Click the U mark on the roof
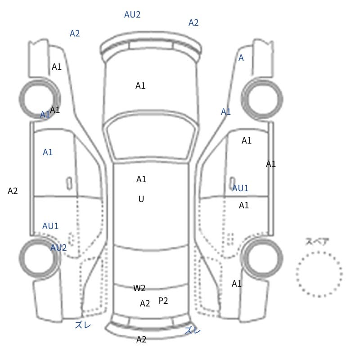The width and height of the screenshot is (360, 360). pos(141,199)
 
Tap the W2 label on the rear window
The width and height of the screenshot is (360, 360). pos(139,288)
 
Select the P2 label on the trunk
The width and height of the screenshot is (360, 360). pos(163,301)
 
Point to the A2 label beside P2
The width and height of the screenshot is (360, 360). pos(145,303)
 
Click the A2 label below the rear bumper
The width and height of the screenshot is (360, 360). pos(141,339)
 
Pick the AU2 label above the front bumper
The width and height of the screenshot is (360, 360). pos(132,14)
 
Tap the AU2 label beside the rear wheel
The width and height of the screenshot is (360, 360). pos(58,247)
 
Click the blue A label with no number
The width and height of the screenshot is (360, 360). pos(241,58)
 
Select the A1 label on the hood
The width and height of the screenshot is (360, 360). pos(140,85)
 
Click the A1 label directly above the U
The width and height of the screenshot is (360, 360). pos(141,179)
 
